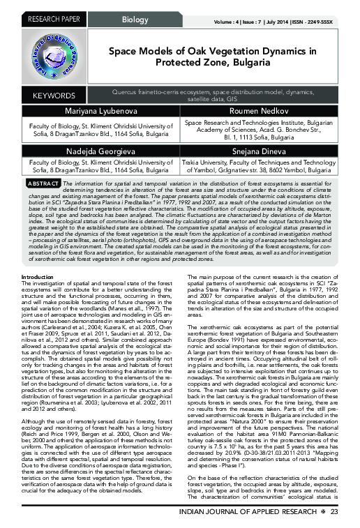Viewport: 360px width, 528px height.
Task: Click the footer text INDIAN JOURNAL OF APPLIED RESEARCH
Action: point(253,513)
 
